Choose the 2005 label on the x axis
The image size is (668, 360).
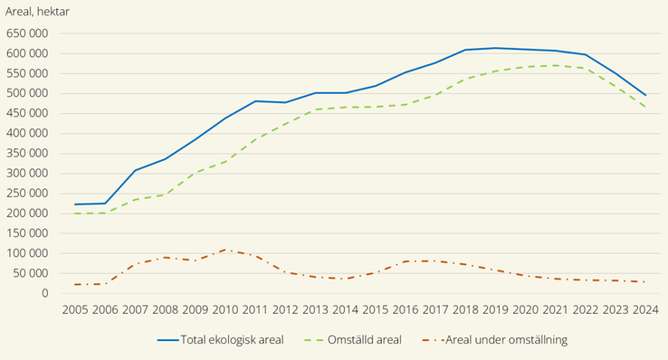click(75, 310)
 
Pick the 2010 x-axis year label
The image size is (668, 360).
click(226, 310)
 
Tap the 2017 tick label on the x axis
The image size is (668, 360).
click(435, 310)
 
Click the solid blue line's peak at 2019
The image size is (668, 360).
click(495, 48)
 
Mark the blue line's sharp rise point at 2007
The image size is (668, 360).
click(135, 170)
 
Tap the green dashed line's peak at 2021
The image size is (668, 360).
click(555, 65)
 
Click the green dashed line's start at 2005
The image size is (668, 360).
click(75, 213)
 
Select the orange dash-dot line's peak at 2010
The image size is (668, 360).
click(225, 249)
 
